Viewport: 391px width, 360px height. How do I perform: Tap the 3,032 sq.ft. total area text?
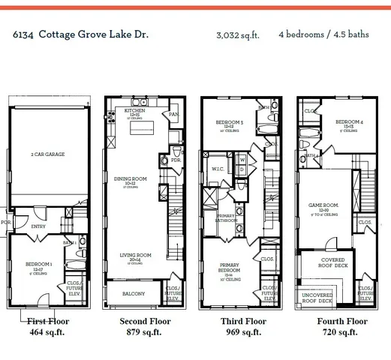[238, 35]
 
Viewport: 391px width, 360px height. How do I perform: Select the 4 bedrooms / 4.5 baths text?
[323, 34]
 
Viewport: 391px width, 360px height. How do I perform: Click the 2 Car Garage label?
[47, 154]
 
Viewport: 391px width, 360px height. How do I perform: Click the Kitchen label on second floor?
[135, 112]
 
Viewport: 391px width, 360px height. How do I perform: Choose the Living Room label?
[134, 256]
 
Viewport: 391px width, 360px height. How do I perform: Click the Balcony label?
[134, 294]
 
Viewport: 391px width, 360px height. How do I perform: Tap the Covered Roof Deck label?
[333, 264]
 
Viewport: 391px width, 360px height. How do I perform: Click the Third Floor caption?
[244, 321]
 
